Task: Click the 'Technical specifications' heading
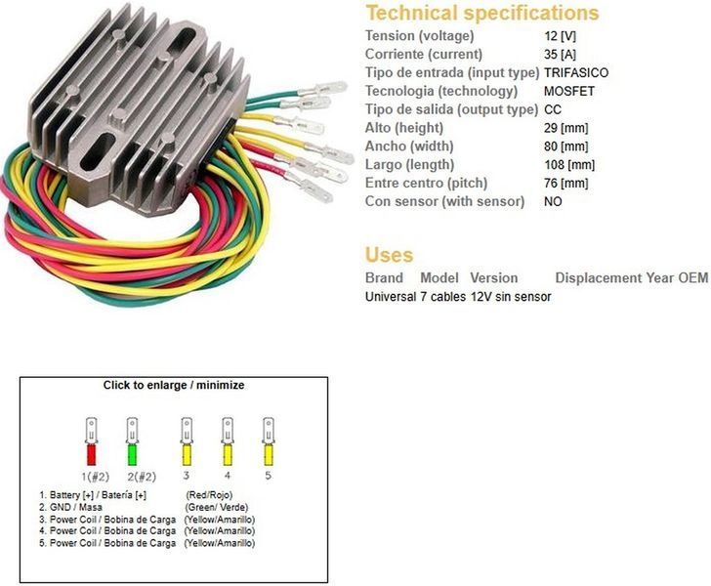click(482, 13)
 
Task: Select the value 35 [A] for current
click(560, 55)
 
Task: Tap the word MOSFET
click(569, 91)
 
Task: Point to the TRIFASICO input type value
click(576, 72)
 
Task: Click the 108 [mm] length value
click(569, 165)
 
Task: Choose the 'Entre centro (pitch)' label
click(426, 184)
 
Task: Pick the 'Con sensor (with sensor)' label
click(444, 201)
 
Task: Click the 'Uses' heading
click(389, 255)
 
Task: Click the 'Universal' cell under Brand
click(391, 297)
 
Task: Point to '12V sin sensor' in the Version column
click(511, 297)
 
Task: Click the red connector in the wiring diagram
click(91, 441)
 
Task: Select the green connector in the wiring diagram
click(132, 441)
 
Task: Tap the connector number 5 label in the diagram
click(268, 476)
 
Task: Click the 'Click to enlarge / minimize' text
click(174, 386)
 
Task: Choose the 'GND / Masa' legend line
click(70, 507)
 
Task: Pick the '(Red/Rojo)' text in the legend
click(209, 495)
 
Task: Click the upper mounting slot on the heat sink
click(184, 42)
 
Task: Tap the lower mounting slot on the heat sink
click(97, 153)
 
